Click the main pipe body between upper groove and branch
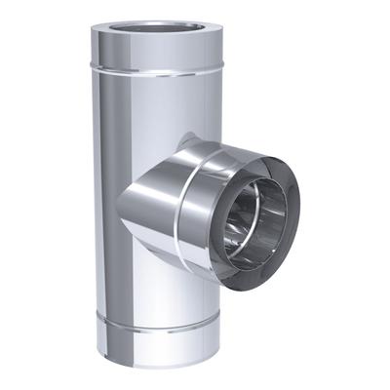(156, 107)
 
